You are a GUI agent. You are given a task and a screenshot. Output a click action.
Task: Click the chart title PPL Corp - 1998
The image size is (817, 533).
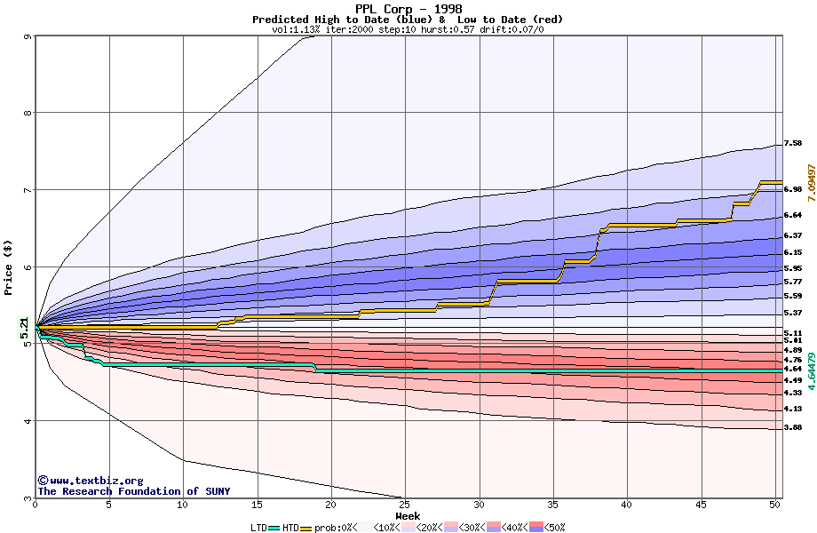[408, 9]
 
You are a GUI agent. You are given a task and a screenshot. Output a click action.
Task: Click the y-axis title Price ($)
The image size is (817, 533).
[9, 267]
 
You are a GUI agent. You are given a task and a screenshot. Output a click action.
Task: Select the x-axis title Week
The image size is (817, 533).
[408, 516]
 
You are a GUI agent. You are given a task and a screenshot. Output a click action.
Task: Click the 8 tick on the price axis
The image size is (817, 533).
[28, 113]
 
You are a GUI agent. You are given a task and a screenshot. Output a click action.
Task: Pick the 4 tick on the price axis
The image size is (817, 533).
[28, 421]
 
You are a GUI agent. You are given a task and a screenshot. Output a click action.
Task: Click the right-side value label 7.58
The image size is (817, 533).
[793, 143]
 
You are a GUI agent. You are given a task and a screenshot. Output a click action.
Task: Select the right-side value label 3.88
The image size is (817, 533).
[793, 428]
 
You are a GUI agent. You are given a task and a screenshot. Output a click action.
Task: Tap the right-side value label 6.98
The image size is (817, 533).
[793, 189]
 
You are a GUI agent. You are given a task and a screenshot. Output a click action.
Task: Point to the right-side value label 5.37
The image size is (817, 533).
[793, 313]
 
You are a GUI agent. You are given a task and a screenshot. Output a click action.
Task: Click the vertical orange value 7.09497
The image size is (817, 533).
[810, 186]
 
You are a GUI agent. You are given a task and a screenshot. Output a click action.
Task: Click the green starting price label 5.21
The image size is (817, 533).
[25, 328]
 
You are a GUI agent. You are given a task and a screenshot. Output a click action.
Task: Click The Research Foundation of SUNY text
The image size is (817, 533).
[133, 491]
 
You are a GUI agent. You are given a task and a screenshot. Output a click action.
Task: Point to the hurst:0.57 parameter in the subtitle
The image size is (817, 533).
[452, 29]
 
